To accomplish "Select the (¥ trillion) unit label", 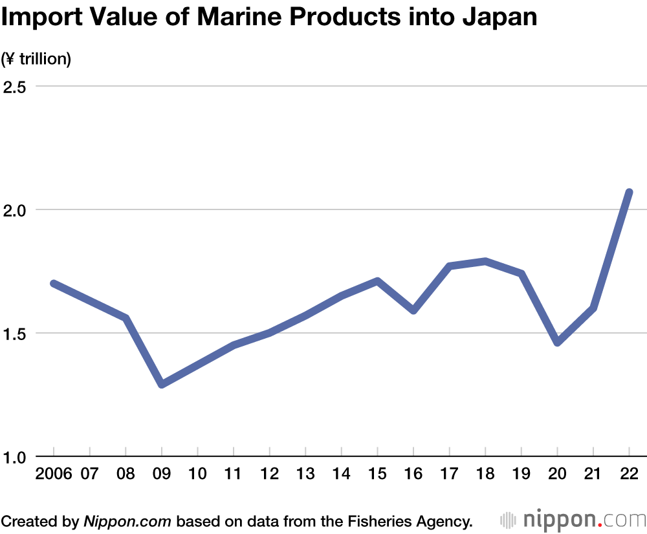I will (x=36, y=59).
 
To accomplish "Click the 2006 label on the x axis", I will (x=54, y=474).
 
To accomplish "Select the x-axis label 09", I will (x=162, y=474).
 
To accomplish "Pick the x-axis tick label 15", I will (x=377, y=474).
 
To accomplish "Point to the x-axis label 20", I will (x=557, y=474).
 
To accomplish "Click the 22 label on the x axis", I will (x=629, y=474).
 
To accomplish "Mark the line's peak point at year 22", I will (x=628, y=192).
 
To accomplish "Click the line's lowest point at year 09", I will (x=162, y=384).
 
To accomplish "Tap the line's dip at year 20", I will (x=557, y=342).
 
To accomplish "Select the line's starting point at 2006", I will (x=54, y=283).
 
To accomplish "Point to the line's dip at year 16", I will (x=413, y=310).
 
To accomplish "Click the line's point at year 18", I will (x=485, y=261).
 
